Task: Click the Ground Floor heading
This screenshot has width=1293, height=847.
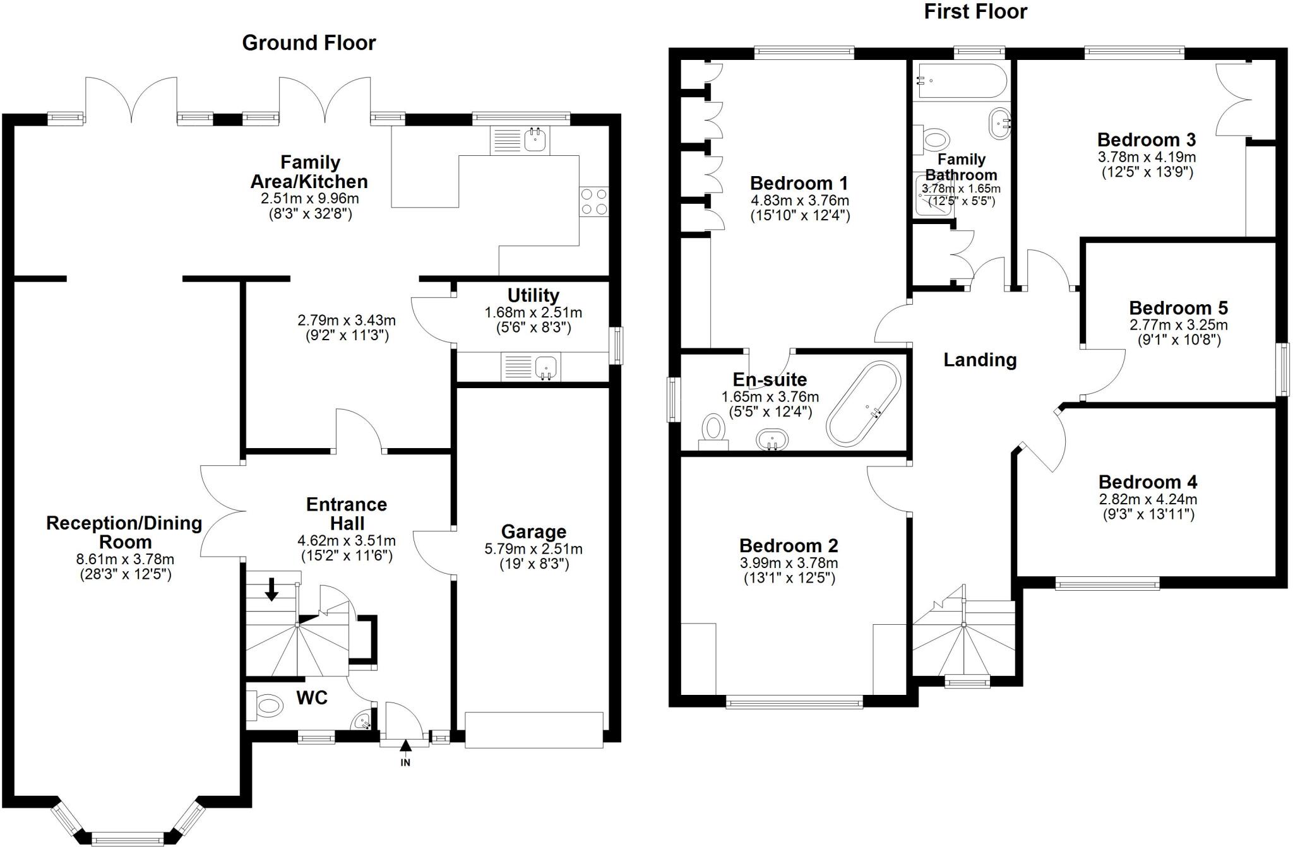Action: point(309,43)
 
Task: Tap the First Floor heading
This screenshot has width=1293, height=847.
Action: point(975,11)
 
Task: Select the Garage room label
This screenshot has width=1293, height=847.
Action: point(533,532)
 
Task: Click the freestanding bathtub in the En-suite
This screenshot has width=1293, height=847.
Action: point(864,403)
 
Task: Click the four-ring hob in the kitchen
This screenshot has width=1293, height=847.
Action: point(594,202)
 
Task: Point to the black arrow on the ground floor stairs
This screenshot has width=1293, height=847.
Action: point(271,588)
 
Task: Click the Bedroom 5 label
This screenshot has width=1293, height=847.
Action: point(1178,308)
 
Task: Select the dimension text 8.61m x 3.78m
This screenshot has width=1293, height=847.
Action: point(125,559)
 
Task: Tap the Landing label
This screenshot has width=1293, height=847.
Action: point(980,360)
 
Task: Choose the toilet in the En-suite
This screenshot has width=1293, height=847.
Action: point(714,430)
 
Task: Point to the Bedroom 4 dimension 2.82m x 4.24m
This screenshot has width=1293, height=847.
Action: point(1148,499)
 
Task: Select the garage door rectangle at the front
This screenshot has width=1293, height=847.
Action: point(533,730)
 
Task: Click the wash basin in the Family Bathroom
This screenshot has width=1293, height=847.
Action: point(999,123)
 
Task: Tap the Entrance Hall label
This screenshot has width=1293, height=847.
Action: point(347,514)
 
